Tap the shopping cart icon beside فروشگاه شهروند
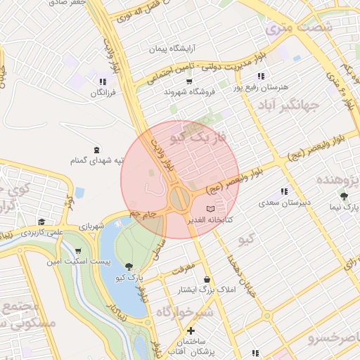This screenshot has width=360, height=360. pyautogui.click(x=188, y=82)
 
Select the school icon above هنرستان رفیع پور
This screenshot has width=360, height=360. pyautogui.click(x=260, y=76)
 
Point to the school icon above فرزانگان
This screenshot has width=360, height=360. pyautogui.click(x=103, y=81)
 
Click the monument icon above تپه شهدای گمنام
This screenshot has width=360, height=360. pyautogui.click(x=96, y=150)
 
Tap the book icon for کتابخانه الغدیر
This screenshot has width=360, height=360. pyautogui.click(x=211, y=209)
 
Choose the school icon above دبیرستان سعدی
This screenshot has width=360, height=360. pyautogui.click(x=285, y=191)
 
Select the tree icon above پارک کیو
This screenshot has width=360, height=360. pyautogui.click(x=129, y=266)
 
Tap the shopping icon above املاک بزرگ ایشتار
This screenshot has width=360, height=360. pyautogui.click(x=206, y=279)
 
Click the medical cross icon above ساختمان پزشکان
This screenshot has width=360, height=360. pyautogui.click(x=191, y=330)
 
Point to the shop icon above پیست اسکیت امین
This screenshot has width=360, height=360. pyautogui.click(x=78, y=251)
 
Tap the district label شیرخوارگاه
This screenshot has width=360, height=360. pyautogui.click(x=184, y=311)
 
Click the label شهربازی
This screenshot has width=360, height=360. pyautogui.click(x=91, y=226)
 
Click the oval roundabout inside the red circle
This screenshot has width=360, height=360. pyautogui.click(x=180, y=198)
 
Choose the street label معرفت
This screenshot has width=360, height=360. pyautogui.click(x=182, y=266)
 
